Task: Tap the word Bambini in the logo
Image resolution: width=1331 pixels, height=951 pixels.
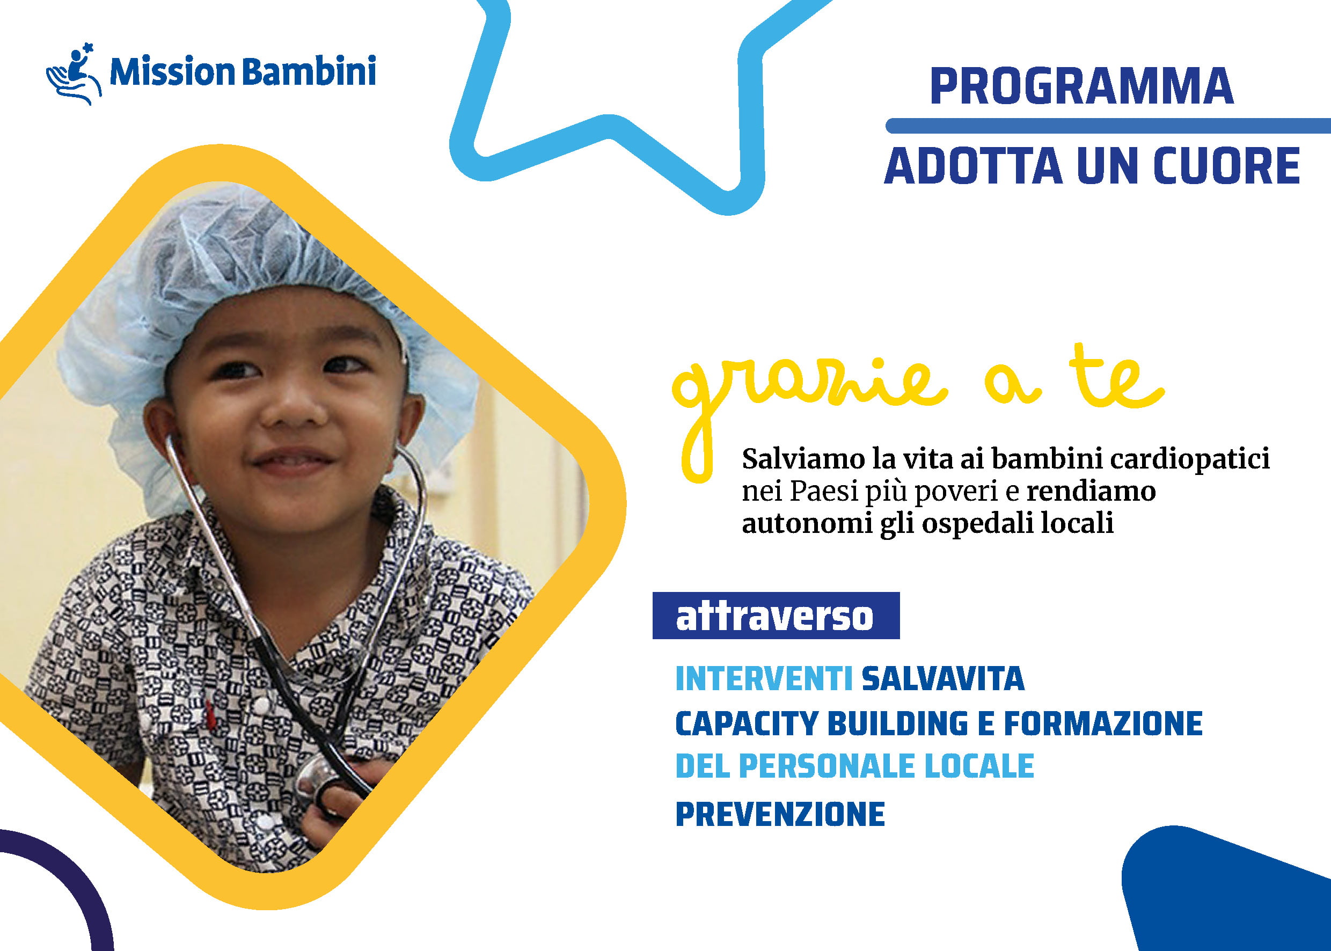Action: point(309,71)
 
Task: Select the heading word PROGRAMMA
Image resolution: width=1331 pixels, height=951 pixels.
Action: point(1081,86)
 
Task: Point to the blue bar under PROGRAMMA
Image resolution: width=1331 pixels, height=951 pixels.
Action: point(1108,126)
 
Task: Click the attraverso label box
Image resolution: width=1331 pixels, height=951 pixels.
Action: point(776,616)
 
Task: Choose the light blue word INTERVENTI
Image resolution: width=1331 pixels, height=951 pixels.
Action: point(764,679)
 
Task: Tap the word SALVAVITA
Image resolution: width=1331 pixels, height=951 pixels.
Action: point(943,679)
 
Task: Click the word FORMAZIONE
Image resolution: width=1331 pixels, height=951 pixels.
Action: point(1103,723)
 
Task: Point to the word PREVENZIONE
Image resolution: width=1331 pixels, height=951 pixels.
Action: point(780,814)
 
